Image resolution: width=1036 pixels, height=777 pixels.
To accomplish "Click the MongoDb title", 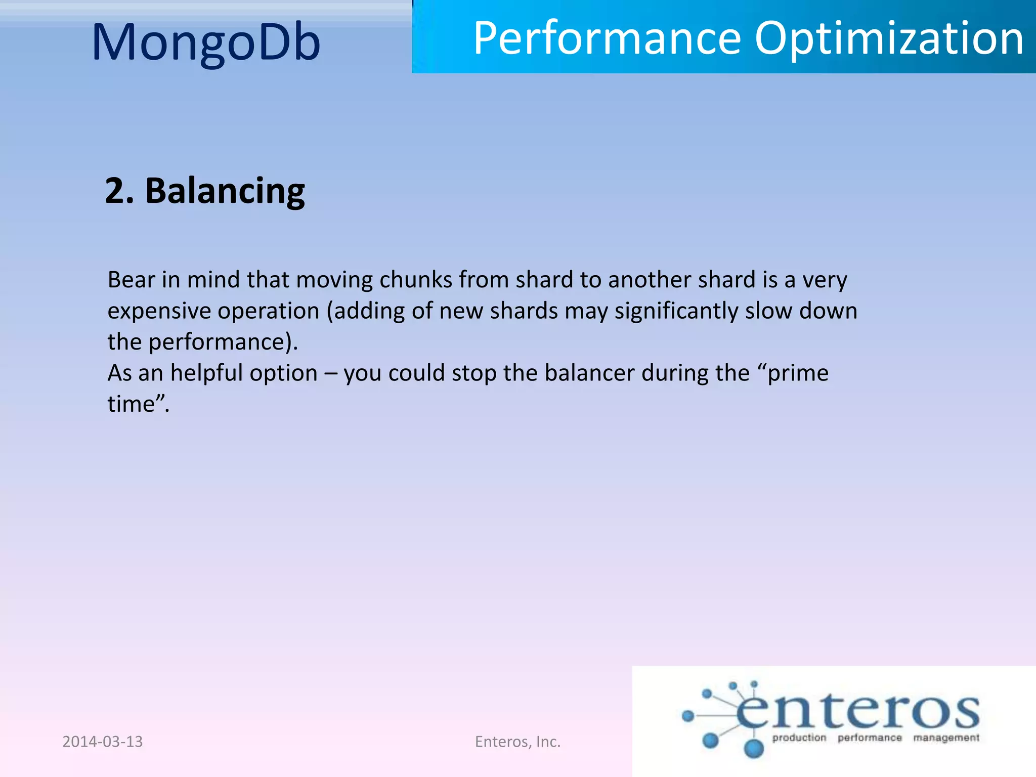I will click(206, 42).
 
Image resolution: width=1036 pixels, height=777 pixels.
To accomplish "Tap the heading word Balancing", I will click(225, 191).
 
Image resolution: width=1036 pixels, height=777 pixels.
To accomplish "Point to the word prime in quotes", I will click(798, 373).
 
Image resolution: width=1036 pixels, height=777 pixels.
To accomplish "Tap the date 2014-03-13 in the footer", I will click(102, 742).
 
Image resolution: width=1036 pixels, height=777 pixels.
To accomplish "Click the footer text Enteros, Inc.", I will click(517, 742).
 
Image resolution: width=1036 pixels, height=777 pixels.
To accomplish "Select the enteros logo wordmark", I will click(857, 711).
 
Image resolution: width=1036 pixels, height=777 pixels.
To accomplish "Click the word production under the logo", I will click(799, 738).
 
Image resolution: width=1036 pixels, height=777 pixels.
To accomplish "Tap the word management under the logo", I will click(946, 738).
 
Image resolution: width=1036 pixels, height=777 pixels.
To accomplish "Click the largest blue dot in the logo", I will click(754, 748).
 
